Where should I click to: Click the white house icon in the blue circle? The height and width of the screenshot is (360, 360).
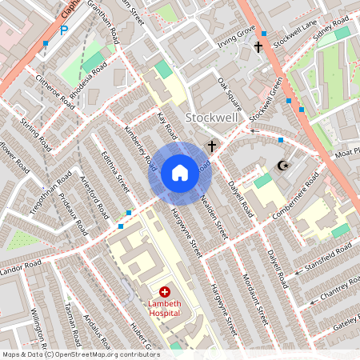tap(180, 173)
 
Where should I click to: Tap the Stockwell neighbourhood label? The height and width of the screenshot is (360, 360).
tap(211, 118)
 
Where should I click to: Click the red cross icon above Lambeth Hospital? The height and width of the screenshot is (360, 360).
tap(165, 294)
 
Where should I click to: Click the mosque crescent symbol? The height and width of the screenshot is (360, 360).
tap(281, 166)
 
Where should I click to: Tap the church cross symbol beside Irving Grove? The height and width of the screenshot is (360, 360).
tap(258, 47)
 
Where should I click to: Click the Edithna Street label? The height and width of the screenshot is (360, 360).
tap(117, 173)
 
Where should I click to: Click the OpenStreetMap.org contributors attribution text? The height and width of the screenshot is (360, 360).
tap(104, 354)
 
